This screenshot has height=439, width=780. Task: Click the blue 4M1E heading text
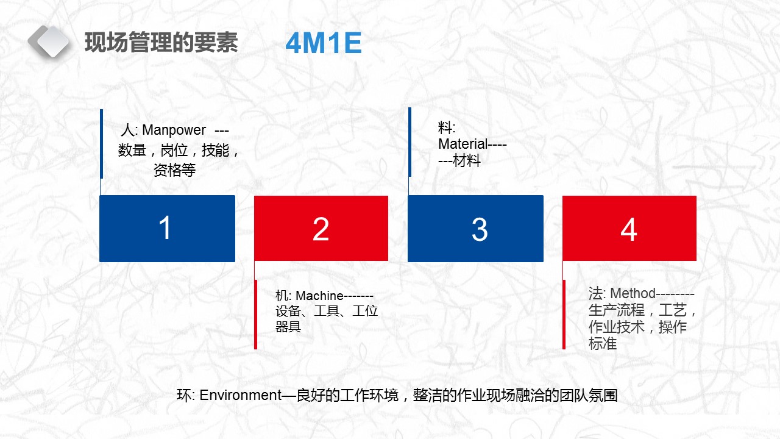(324, 44)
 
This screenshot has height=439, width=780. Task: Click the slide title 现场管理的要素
(161, 43)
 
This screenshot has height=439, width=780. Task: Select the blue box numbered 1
(167, 229)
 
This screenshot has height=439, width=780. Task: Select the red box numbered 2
(321, 229)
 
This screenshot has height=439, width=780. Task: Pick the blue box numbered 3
(475, 229)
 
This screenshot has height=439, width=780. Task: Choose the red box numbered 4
(629, 229)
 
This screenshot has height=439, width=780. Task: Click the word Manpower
(174, 130)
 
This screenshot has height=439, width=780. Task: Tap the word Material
(463, 145)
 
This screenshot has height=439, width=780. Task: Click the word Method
(633, 293)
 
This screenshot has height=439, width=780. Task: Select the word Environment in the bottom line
(239, 395)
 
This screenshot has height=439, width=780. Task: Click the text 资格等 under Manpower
(174, 171)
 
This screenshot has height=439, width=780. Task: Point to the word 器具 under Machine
(288, 327)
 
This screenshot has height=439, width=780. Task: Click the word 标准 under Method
(603, 344)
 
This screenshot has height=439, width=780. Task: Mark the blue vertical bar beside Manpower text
(101, 144)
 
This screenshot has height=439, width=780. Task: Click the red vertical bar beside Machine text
(255, 315)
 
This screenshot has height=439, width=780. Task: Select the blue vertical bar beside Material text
(409, 142)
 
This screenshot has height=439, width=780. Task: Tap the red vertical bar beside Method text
(564, 315)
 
